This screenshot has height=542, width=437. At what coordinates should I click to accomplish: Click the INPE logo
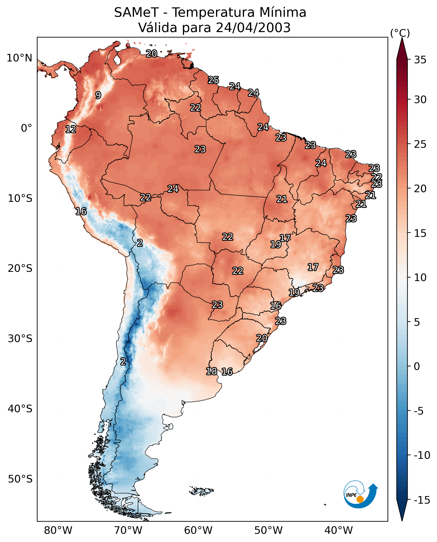[361, 494]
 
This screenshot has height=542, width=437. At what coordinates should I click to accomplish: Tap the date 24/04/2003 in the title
[253, 27]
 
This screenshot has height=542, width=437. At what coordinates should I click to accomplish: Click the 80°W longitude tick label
[58, 530]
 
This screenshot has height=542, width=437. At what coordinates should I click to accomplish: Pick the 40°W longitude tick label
[339, 530]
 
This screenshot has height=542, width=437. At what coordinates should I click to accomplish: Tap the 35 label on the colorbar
[420, 60]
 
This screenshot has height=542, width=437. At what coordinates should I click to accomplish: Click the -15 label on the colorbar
[422, 500]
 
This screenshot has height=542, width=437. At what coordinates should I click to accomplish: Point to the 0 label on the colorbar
[417, 366]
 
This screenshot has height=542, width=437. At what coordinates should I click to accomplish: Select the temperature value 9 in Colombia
[98, 95]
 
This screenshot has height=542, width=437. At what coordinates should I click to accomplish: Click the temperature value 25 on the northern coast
[213, 80]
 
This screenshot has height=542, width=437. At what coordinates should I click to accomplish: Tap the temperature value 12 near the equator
[71, 129]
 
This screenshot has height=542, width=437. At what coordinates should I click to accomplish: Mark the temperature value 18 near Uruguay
[211, 371]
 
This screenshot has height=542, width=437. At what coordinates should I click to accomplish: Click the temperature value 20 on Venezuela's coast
[151, 53]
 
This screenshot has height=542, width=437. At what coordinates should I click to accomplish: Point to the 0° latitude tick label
[26, 128]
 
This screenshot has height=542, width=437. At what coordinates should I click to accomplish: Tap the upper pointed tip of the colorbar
[402, 38]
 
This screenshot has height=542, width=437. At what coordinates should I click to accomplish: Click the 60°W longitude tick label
[198, 530]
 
